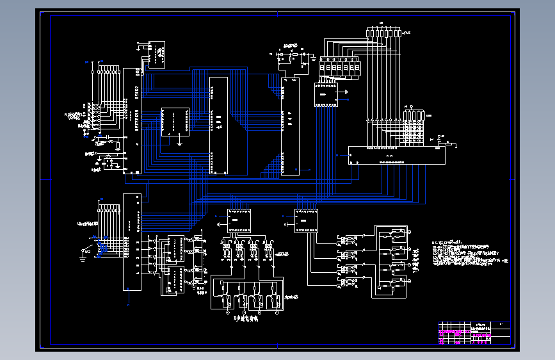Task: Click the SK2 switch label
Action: tap(86, 252)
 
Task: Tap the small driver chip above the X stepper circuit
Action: tap(239, 221)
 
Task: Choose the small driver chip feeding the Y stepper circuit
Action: tap(305, 221)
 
